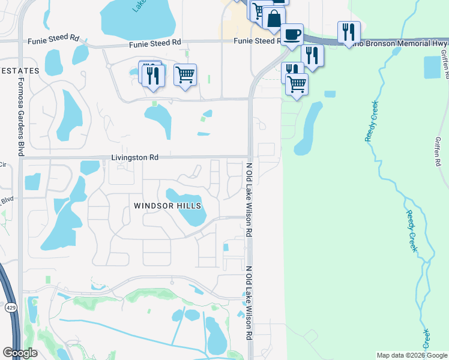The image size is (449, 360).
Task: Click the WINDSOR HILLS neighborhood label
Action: point(167,206)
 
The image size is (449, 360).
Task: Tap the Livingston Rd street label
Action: point(134,157)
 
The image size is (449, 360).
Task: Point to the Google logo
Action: point(20,353)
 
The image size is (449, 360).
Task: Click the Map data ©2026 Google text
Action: point(412,355)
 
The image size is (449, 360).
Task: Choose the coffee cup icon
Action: point(292,34)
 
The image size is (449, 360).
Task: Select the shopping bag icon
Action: point(274,18)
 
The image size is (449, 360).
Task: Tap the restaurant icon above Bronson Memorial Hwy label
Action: point(348,32)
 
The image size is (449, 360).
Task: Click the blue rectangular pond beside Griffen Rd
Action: point(432,67)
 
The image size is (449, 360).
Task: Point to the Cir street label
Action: point(2,164)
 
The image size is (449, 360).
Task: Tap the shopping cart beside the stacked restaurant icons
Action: point(185,75)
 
